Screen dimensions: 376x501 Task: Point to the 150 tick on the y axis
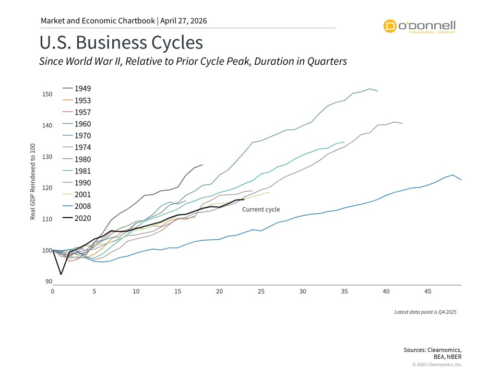(x=47, y=95)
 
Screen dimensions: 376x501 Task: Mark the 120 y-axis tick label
(x=47, y=187)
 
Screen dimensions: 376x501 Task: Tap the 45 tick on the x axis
(x=427, y=291)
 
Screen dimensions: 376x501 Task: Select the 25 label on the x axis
(x=260, y=291)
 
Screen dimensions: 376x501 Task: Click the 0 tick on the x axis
(x=53, y=291)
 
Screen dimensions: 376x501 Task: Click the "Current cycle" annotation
(x=260, y=209)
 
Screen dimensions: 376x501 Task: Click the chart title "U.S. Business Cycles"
(x=121, y=42)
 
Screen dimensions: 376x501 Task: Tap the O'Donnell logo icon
(x=389, y=26)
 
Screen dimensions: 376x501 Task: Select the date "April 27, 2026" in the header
(x=184, y=21)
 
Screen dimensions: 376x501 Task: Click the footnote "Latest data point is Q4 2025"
(x=425, y=312)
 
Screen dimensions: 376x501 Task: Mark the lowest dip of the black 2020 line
(x=61, y=274)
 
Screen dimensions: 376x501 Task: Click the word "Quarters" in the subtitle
(x=326, y=61)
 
